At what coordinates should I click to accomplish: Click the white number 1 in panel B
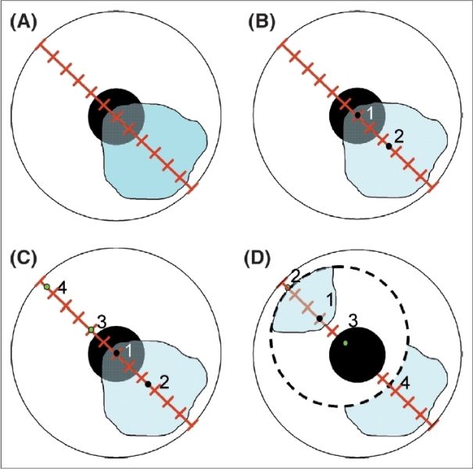click(371, 114)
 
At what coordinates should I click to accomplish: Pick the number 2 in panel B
click(399, 138)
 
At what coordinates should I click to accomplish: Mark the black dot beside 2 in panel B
click(388, 146)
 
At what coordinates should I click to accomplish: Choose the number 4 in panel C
click(62, 288)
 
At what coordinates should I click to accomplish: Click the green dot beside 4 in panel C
click(47, 288)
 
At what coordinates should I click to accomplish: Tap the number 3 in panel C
click(101, 321)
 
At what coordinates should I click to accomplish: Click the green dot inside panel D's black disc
click(346, 343)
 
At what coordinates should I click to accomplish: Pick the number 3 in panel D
click(353, 320)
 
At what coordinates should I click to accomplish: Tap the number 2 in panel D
click(296, 275)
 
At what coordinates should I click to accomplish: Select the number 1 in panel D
click(329, 299)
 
